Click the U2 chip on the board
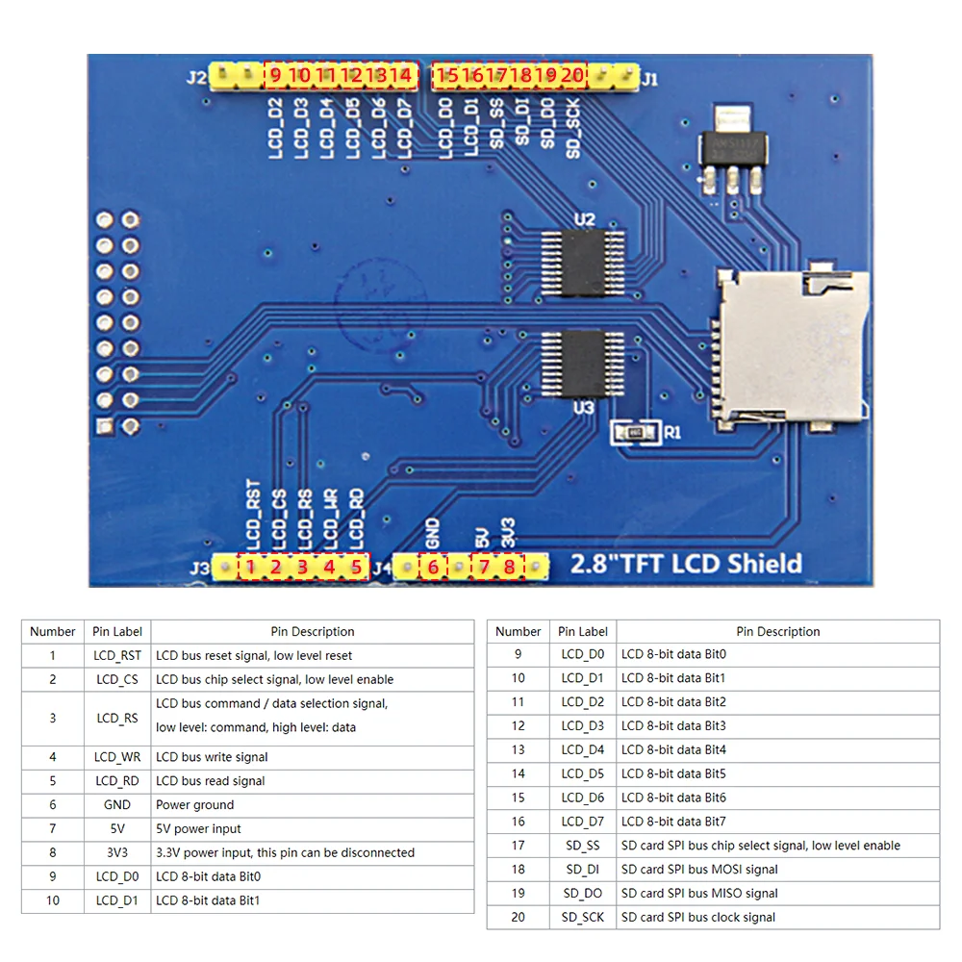coord(581,263)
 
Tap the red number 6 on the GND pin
coord(433,567)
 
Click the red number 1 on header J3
coord(250,567)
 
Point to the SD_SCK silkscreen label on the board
coord(572,132)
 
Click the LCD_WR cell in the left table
coord(117,757)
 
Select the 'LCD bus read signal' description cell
coord(312,781)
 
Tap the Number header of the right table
coord(518,632)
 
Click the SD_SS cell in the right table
coord(582,846)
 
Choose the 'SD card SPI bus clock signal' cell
coord(777,918)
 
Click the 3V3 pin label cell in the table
coord(117,852)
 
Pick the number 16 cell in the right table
coord(518,822)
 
